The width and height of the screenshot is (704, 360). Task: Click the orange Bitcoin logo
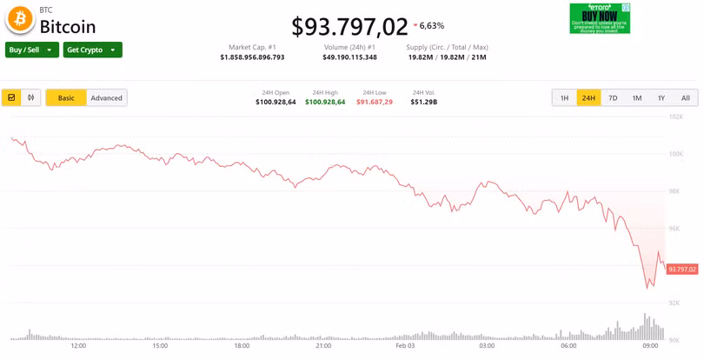[19, 19]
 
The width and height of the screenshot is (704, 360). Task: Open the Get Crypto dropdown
[92, 50]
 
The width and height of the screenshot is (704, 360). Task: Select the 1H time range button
[564, 98]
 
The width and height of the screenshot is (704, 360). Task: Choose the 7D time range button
[613, 98]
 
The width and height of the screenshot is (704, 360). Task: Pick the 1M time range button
[637, 98]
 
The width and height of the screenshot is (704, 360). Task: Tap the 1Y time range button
[661, 98]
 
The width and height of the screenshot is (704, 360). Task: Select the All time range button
[685, 98]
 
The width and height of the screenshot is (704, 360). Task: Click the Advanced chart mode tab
[107, 98]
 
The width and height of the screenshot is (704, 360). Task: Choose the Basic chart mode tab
[66, 98]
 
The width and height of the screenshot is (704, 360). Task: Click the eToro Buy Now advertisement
[600, 18]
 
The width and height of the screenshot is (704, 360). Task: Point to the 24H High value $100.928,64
[325, 103]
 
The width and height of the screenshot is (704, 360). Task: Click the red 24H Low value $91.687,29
[375, 103]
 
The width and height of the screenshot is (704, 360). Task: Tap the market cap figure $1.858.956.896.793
[252, 57]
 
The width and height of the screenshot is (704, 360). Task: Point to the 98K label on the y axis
[674, 191]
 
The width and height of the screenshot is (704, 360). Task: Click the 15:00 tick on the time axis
[160, 346]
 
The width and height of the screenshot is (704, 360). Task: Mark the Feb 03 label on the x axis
[405, 346]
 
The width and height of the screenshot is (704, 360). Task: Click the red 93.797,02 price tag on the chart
[682, 270]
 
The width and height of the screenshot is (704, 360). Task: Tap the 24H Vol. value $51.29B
[424, 103]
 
